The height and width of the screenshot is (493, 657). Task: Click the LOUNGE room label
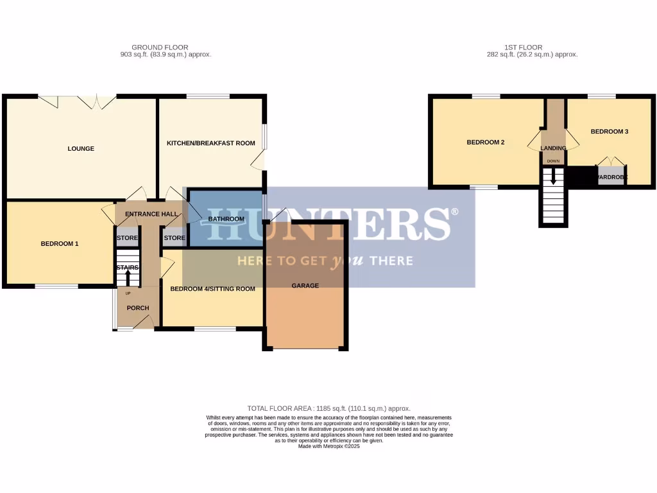click(81, 149)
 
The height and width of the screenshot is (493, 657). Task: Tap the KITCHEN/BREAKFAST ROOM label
click(210, 143)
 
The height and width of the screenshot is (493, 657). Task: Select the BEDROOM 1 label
click(60, 244)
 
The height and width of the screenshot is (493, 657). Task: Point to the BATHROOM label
click(226, 219)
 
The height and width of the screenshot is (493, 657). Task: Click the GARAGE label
click(305, 286)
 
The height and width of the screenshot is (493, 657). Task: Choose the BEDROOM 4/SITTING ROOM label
click(212, 289)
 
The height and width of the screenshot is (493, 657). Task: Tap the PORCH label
click(138, 308)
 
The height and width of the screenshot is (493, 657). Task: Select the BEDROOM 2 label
click(485, 143)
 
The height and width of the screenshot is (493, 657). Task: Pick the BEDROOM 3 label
click(609, 132)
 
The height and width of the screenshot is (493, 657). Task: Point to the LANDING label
click(553, 148)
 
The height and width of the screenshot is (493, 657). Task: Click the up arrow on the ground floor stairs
click(128, 277)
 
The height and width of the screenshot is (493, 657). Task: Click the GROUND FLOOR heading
click(151, 48)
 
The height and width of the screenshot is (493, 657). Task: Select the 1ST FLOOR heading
click(523, 48)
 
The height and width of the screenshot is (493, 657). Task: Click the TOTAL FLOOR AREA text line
click(328, 408)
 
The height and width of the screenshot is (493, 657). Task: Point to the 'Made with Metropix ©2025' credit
click(328, 446)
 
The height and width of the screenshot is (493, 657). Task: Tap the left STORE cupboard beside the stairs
click(127, 238)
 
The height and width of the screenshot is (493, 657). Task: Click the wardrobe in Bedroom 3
click(610, 177)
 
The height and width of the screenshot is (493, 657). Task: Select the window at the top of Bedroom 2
click(486, 97)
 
